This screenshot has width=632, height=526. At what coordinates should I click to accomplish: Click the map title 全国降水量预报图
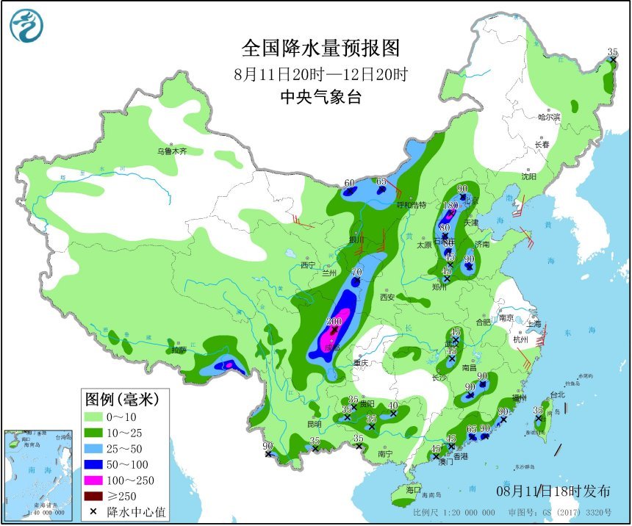(x=321, y=48)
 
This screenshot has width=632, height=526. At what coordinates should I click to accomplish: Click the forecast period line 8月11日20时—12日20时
(x=321, y=73)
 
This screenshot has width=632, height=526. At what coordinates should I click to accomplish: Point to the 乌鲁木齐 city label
(x=171, y=151)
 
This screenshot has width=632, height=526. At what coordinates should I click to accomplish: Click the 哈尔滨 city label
(x=548, y=117)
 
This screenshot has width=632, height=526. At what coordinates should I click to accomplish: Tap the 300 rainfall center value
(x=334, y=322)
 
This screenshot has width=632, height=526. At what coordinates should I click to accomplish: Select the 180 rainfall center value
(x=450, y=206)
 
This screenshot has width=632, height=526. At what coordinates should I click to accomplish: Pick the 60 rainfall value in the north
(x=350, y=183)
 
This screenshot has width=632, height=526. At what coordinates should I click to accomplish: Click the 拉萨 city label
(x=179, y=350)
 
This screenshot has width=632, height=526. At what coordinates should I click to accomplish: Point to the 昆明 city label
(x=314, y=425)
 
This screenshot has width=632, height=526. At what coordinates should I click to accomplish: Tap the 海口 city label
(x=413, y=489)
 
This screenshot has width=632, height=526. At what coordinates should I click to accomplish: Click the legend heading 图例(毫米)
(x=122, y=400)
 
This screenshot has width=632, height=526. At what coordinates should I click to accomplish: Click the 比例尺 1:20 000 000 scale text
(x=450, y=513)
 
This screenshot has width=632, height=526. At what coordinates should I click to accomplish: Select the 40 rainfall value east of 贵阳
(x=393, y=406)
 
